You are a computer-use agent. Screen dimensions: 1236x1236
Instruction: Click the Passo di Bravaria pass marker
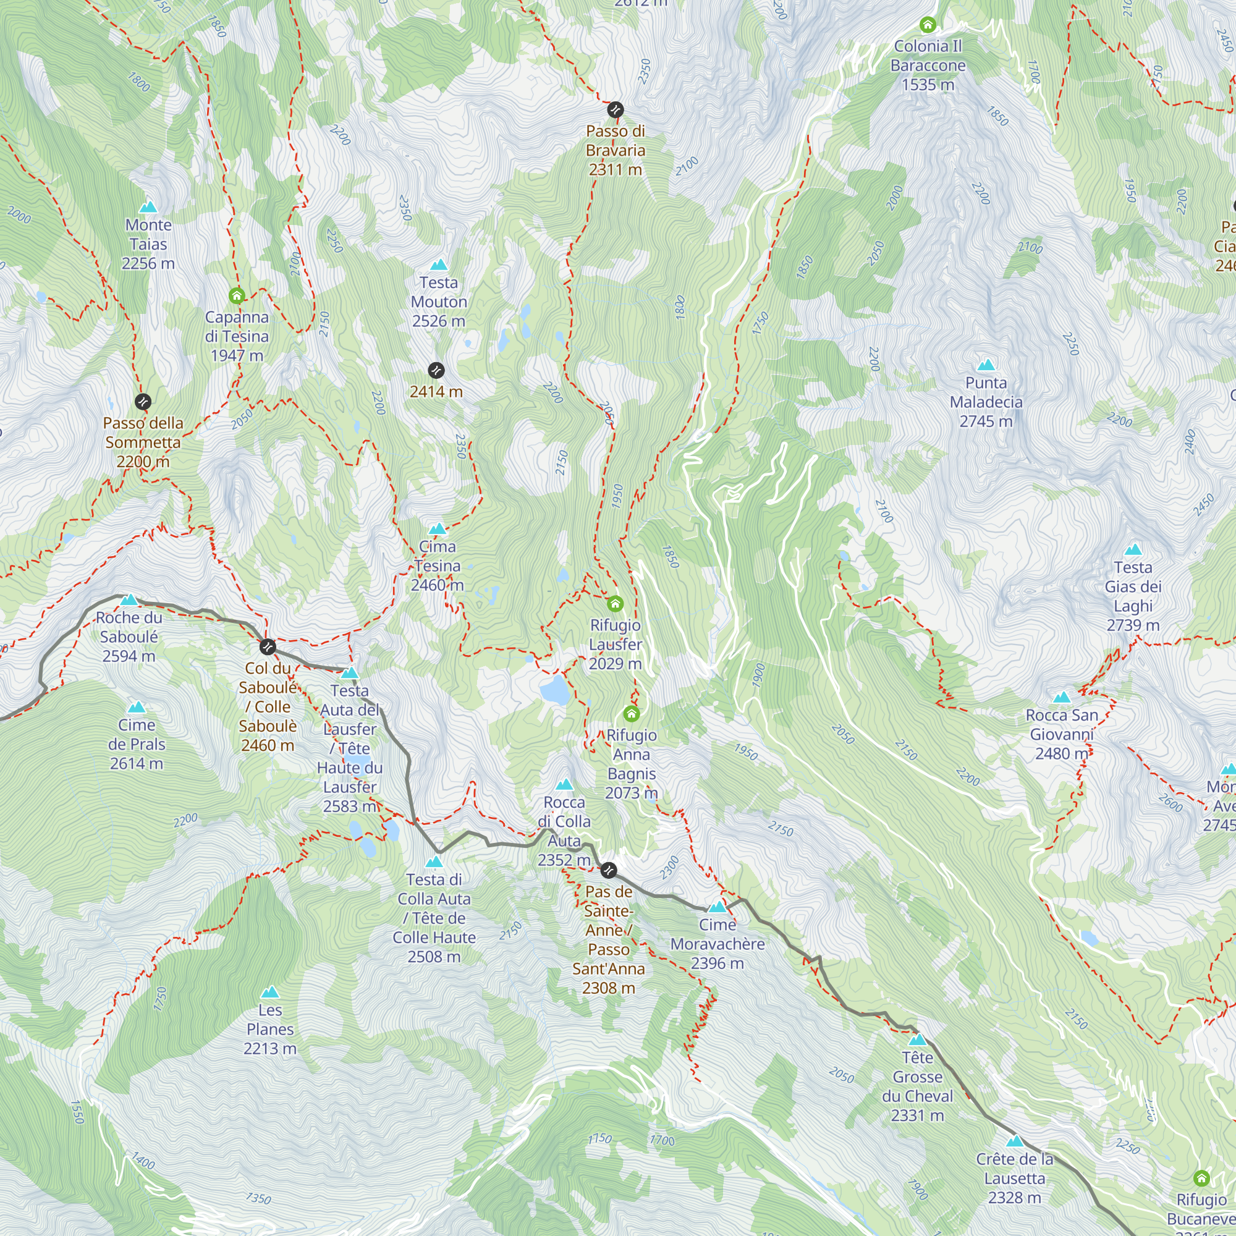click(615, 110)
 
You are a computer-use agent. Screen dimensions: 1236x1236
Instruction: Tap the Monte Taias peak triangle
click(148, 206)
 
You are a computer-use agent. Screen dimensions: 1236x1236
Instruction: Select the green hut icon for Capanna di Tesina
click(237, 295)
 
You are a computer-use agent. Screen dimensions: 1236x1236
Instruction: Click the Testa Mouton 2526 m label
click(438, 302)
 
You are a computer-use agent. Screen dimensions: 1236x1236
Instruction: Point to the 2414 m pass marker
click(436, 370)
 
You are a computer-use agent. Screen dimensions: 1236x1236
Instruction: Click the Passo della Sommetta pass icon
click(143, 402)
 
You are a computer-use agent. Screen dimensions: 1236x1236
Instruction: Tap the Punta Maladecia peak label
click(986, 402)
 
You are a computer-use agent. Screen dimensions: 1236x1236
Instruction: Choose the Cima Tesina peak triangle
click(437, 529)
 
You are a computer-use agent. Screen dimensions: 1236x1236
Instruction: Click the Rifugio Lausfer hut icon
click(615, 603)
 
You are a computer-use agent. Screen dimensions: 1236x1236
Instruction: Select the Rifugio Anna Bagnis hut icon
click(632, 713)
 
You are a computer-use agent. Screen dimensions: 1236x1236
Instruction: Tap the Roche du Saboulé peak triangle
click(129, 599)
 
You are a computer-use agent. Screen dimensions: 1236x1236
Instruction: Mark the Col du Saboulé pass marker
click(268, 647)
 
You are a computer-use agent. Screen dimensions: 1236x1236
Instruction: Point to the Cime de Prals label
click(136, 744)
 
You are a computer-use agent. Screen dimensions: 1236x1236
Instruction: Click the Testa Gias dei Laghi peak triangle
click(1133, 549)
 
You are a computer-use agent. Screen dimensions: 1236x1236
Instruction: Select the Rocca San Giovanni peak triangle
click(1062, 697)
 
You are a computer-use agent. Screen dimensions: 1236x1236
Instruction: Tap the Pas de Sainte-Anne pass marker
click(608, 870)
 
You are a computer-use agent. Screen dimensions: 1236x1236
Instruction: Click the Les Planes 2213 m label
click(270, 1029)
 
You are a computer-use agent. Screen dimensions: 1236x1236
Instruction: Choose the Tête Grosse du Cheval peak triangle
click(917, 1039)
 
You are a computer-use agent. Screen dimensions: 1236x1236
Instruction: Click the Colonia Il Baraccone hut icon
click(928, 25)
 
